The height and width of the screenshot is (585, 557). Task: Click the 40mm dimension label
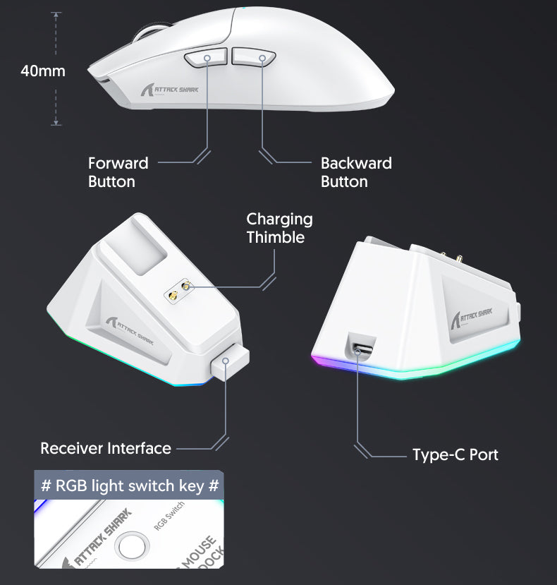tap(43, 71)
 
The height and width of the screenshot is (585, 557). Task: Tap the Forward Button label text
tap(118, 172)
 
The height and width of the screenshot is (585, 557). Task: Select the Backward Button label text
tap(356, 172)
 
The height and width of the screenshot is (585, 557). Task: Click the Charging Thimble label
tap(279, 228)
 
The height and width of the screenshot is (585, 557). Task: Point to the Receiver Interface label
tap(106, 448)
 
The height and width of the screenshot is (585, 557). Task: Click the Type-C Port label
tap(455, 454)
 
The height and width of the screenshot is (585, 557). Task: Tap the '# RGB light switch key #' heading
tap(130, 486)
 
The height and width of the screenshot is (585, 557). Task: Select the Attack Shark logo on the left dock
tap(129, 325)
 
